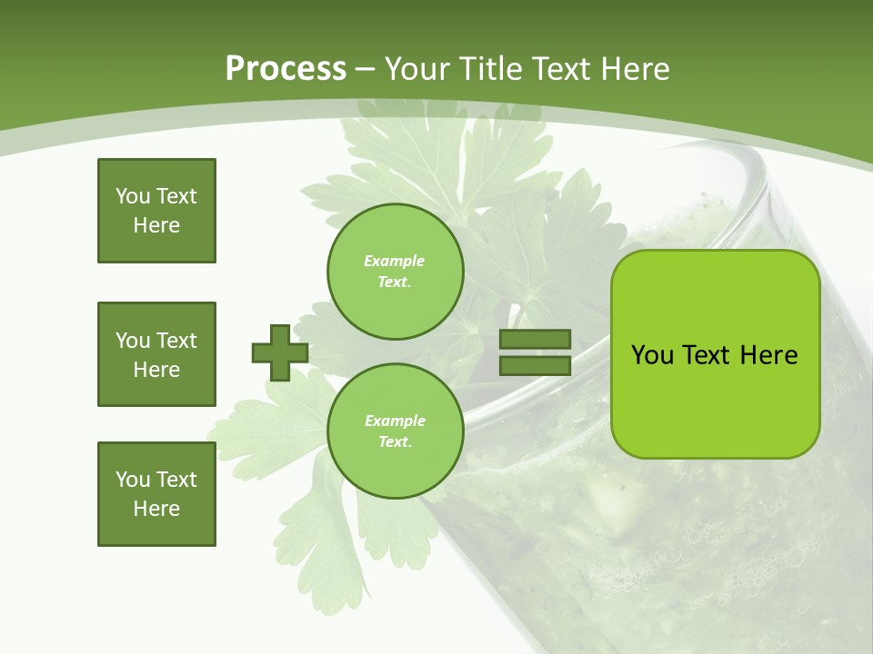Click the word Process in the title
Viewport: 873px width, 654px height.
(x=286, y=69)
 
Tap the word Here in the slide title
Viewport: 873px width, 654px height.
(x=635, y=69)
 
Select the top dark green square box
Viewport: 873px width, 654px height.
(x=156, y=211)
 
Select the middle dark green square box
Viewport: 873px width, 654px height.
(x=156, y=354)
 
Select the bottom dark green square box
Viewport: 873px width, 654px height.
(x=156, y=494)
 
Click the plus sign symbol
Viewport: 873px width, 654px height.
(x=280, y=352)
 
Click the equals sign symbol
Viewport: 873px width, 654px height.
(x=535, y=352)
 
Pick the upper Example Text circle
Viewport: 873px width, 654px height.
(x=396, y=272)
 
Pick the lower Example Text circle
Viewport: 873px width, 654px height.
(x=396, y=431)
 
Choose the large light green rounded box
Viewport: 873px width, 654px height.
(x=715, y=354)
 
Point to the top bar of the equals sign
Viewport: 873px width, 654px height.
(x=535, y=340)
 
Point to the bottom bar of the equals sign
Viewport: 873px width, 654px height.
(x=535, y=365)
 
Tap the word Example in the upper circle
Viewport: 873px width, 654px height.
(x=395, y=262)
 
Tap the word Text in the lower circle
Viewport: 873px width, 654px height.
(x=395, y=442)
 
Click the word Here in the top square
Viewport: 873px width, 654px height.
(x=156, y=225)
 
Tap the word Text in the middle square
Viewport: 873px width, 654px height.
(x=176, y=341)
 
